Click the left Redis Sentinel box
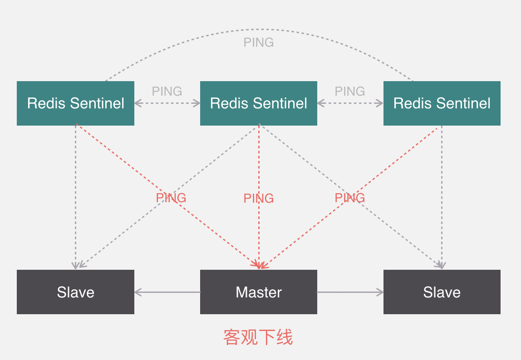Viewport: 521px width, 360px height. [x=75, y=103]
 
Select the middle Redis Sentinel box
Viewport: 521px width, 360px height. [x=259, y=103]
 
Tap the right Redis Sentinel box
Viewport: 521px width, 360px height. [x=442, y=103]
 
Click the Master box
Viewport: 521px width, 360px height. [x=259, y=292]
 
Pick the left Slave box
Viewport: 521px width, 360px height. [x=75, y=292]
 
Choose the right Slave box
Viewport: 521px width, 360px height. [x=442, y=292]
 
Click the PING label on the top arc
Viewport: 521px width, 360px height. [x=259, y=42]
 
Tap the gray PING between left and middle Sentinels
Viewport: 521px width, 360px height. [x=167, y=91]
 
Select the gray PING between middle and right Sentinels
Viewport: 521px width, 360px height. [x=350, y=91]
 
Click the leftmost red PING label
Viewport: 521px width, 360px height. [x=171, y=198]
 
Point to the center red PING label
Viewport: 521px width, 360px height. [x=259, y=198]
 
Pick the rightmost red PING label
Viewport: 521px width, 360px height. [x=350, y=198]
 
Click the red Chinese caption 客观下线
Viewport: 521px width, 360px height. [x=258, y=337]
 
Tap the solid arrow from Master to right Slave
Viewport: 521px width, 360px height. [x=350, y=292]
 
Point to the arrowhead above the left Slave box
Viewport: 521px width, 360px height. [x=76, y=265]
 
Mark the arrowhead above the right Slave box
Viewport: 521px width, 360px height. [x=441, y=265]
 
